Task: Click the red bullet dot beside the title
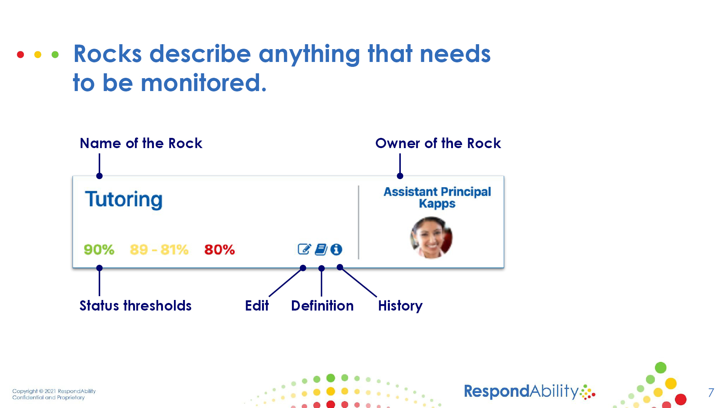tap(20, 55)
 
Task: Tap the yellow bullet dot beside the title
tap(38, 55)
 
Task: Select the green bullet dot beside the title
tap(55, 55)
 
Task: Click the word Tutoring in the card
tap(124, 199)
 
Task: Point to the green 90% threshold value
tap(99, 250)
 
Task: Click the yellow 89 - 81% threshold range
tap(159, 250)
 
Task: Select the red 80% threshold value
tap(219, 250)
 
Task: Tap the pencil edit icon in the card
tap(304, 249)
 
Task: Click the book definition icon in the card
tap(321, 249)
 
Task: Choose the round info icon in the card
tap(336, 249)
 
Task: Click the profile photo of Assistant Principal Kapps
tap(431, 238)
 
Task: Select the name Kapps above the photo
tap(437, 204)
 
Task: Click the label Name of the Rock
tap(141, 144)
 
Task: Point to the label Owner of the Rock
tap(438, 144)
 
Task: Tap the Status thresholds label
tap(135, 306)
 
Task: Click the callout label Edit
tap(257, 306)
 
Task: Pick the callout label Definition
tap(322, 306)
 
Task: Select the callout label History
tap(400, 306)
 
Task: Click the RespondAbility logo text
tap(521, 391)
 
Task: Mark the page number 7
tap(711, 393)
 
